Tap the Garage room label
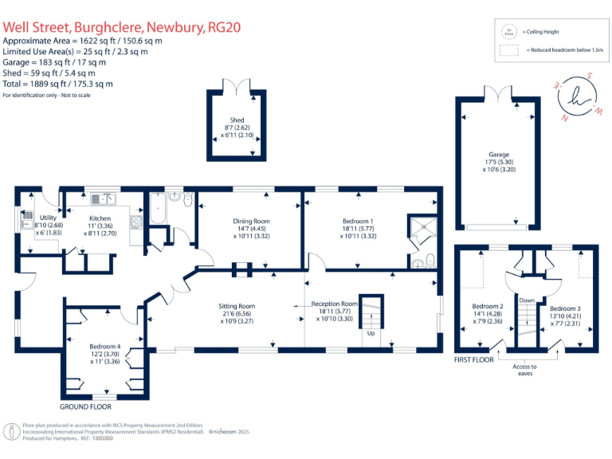499,155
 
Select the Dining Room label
252,221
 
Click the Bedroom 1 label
357,221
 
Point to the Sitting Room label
237,305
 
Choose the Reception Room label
335,304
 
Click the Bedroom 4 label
105,347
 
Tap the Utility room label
47,218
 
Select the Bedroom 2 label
487,307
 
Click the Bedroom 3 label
565,308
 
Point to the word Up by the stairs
371,333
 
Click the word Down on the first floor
526,301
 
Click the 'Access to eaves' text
524,371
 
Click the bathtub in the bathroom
156,210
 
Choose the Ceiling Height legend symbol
509,32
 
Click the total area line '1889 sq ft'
57,84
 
